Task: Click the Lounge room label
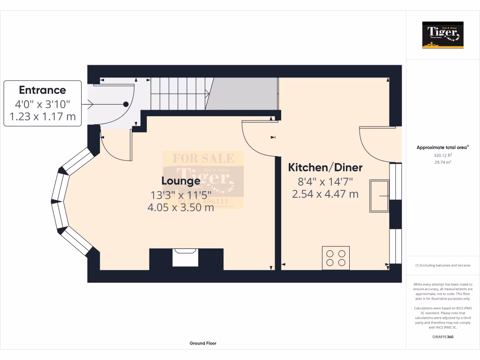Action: point(181,181)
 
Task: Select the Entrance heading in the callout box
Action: point(42,90)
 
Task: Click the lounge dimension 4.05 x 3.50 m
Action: point(181,207)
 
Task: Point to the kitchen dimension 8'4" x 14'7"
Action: point(325,181)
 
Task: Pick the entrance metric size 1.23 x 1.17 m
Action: point(42,117)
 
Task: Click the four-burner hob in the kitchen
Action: point(336,258)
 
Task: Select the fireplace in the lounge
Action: point(186,258)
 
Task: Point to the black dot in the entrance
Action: point(126,104)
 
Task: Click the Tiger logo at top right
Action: point(442,35)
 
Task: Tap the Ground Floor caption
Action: point(203,343)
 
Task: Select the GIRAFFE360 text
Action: point(443,337)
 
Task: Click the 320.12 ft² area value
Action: point(443,155)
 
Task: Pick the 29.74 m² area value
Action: point(443,162)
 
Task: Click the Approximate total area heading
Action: point(442,148)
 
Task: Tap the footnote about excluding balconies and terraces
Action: point(442,265)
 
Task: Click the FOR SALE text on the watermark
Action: point(203,158)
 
